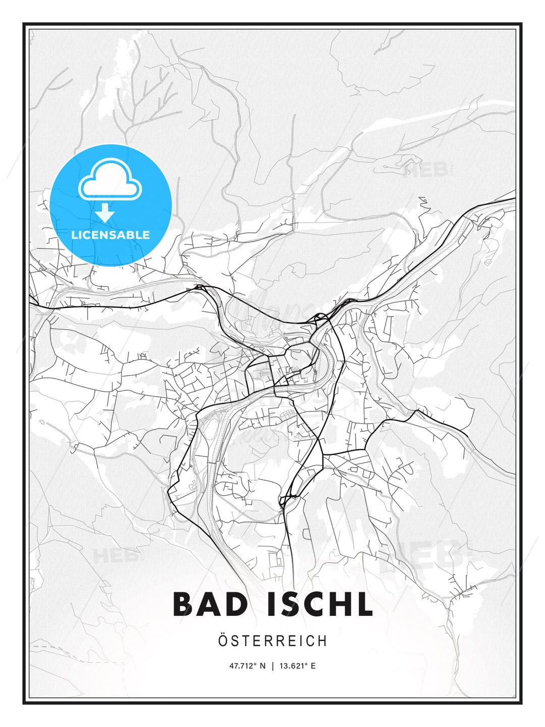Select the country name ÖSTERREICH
point(272,641)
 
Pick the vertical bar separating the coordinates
point(273,666)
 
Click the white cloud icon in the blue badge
point(110,180)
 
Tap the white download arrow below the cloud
point(105,213)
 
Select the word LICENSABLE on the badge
point(111,235)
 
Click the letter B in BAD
point(185,604)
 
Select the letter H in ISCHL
point(342,604)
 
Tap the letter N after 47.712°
point(263,666)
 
